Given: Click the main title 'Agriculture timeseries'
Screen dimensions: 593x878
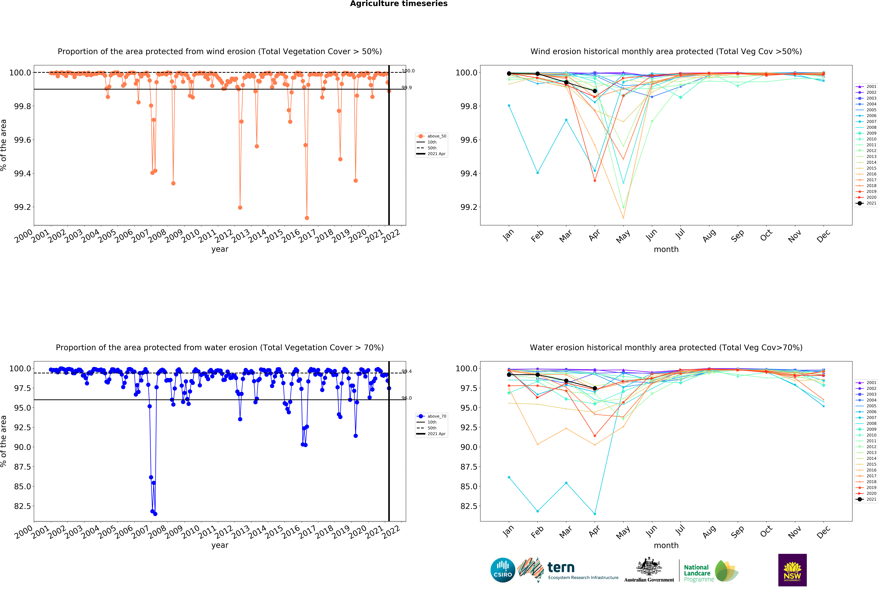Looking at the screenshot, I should coord(399,4).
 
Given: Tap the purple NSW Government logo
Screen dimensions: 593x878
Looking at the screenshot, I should coord(792,570).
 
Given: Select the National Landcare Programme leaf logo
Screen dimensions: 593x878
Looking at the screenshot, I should coord(726,571).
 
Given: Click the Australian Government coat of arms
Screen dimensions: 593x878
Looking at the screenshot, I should coord(649,566).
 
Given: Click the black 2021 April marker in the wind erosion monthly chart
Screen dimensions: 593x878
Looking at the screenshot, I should coord(595,91).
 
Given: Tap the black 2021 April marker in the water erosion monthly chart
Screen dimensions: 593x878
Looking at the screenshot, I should coord(595,388).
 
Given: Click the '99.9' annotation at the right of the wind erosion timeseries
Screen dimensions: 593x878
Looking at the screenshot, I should coord(407,88).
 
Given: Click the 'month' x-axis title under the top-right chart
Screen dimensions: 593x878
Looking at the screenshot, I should coord(666,249).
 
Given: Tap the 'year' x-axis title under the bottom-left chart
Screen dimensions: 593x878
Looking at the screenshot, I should coord(220,545).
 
